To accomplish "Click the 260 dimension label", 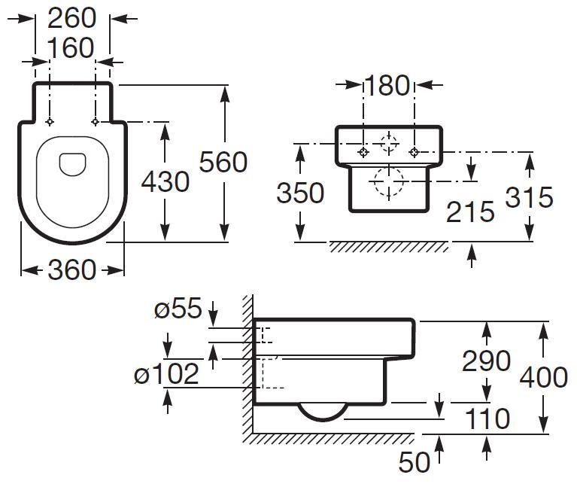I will click(x=72, y=17).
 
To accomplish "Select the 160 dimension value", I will click(x=72, y=48).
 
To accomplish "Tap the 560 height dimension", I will click(x=223, y=162).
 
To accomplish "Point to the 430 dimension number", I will click(x=166, y=181).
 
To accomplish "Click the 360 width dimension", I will click(x=72, y=269).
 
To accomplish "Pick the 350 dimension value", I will click(x=300, y=193).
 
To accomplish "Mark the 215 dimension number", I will click(x=471, y=212).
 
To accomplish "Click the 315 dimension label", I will click(x=529, y=197).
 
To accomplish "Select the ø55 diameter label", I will click(x=179, y=309).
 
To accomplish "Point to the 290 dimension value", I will click(x=486, y=361).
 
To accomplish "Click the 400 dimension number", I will click(x=543, y=376).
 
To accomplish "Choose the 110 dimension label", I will click(x=486, y=419).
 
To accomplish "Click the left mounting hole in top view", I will click(x=50, y=122).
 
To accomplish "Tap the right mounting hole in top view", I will click(x=95, y=122).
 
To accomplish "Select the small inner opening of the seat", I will click(x=72, y=163).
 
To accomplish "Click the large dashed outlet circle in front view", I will click(x=387, y=181).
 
